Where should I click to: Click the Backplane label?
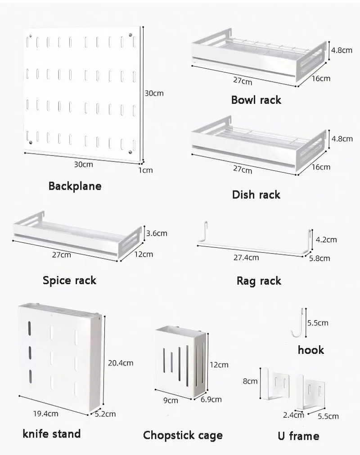(x=75, y=186)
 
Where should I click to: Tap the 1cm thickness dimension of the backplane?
(x=145, y=170)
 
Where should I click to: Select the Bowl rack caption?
(x=256, y=100)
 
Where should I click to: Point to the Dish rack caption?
(x=256, y=194)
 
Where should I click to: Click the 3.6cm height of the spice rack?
(x=157, y=233)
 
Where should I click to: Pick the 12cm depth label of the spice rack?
(x=144, y=254)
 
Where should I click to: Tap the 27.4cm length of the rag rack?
(x=246, y=257)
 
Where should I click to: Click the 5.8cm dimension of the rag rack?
(x=319, y=258)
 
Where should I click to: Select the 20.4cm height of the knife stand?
(x=121, y=363)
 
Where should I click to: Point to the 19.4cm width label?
(x=45, y=414)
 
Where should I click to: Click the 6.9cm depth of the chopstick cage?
(x=211, y=400)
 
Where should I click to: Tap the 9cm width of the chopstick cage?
(x=171, y=401)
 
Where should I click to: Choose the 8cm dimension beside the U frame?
(x=250, y=381)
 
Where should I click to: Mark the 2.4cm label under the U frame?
(x=293, y=415)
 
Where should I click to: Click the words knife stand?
(x=52, y=434)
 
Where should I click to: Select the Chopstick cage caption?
(x=183, y=435)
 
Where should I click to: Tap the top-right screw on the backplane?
(x=130, y=35)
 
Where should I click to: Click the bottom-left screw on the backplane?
(x=31, y=143)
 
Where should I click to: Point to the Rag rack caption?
(x=259, y=281)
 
